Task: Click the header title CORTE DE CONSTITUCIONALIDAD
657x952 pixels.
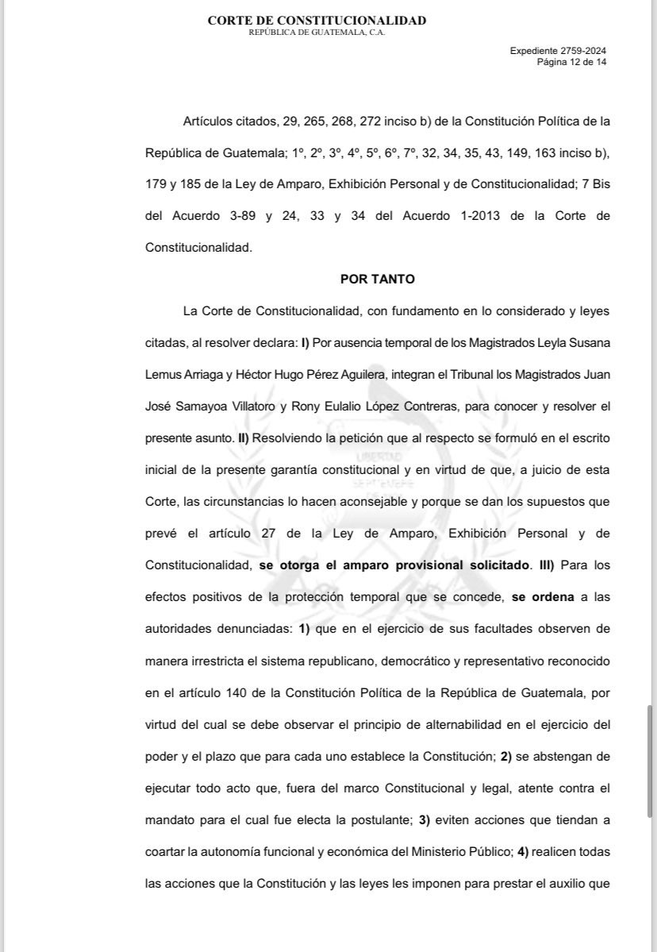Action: (317, 21)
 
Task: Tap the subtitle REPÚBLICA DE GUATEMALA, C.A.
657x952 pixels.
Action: (317, 33)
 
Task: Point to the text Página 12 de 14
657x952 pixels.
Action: (571, 61)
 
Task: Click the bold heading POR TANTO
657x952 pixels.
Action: (378, 279)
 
